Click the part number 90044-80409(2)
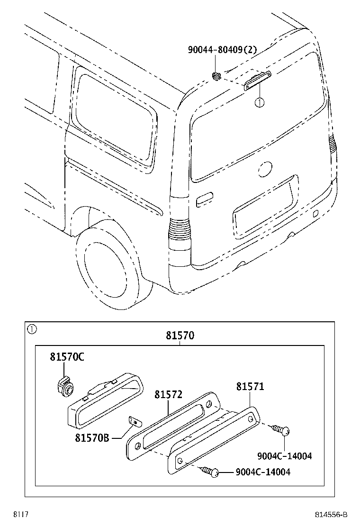pyautogui.click(x=222, y=49)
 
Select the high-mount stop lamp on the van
pyautogui.click(x=257, y=80)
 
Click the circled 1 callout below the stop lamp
pyautogui.click(x=259, y=102)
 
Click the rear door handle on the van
pyautogui.click(x=205, y=199)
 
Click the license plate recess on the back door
pyautogui.click(x=265, y=209)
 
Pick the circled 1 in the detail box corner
pyautogui.click(x=31, y=328)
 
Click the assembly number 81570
pyautogui.click(x=180, y=336)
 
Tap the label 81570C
pyautogui.click(x=67, y=357)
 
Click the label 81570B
pyautogui.click(x=92, y=438)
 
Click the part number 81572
pyautogui.click(x=168, y=395)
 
